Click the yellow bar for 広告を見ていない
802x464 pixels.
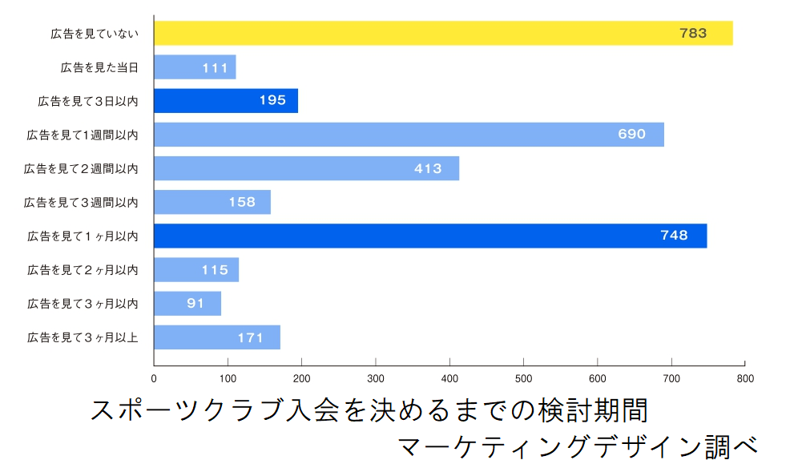click(x=443, y=33)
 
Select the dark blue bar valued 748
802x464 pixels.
click(x=430, y=236)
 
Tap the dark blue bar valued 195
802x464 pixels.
click(x=226, y=101)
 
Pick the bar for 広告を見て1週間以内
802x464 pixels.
click(x=409, y=135)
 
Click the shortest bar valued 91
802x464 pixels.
click(x=187, y=304)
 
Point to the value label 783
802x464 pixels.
click(x=692, y=33)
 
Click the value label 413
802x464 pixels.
click(x=428, y=168)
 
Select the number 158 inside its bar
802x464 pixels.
click(x=242, y=202)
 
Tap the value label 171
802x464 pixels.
click(x=250, y=337)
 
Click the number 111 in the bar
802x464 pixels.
click(x=215, y=67)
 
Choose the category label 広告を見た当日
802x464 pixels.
click(x=99, y=67)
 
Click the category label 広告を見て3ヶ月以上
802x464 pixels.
click(x=83, y=337)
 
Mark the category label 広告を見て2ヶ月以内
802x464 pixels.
click(x=83, y=270)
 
